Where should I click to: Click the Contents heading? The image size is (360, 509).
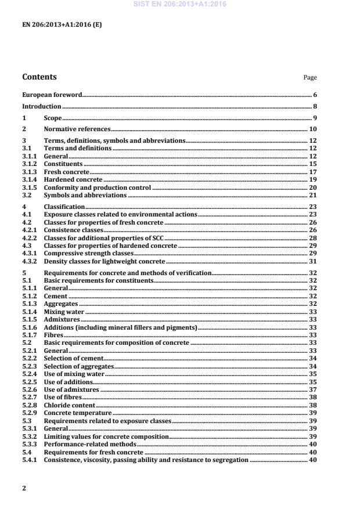pos(39,77)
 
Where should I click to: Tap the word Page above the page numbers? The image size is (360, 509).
pos(310,78)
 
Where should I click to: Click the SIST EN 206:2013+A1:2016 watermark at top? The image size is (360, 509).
pos(180,5)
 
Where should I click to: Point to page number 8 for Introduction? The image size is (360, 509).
pos(314,106)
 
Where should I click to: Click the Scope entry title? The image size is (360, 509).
pos(53,118)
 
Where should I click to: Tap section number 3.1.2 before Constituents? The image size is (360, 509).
pos(29,164)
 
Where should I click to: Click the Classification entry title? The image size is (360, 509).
pos(64,207)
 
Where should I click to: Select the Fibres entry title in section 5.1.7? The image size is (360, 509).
pos(54,335)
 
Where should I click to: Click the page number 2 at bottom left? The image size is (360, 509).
pos(24,488)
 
